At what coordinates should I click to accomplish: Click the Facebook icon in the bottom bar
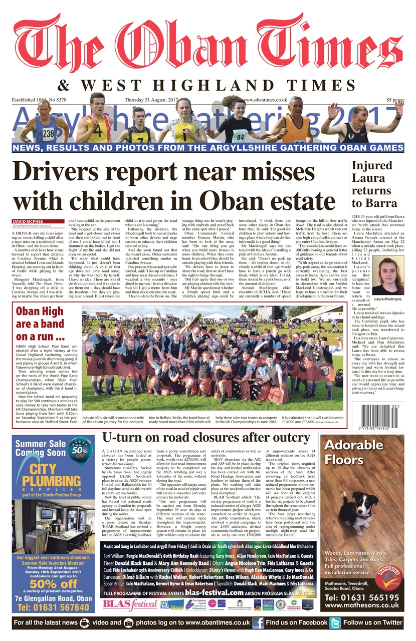258,622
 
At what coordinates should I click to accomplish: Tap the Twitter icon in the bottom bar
335,622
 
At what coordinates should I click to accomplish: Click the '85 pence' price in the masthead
394,101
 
